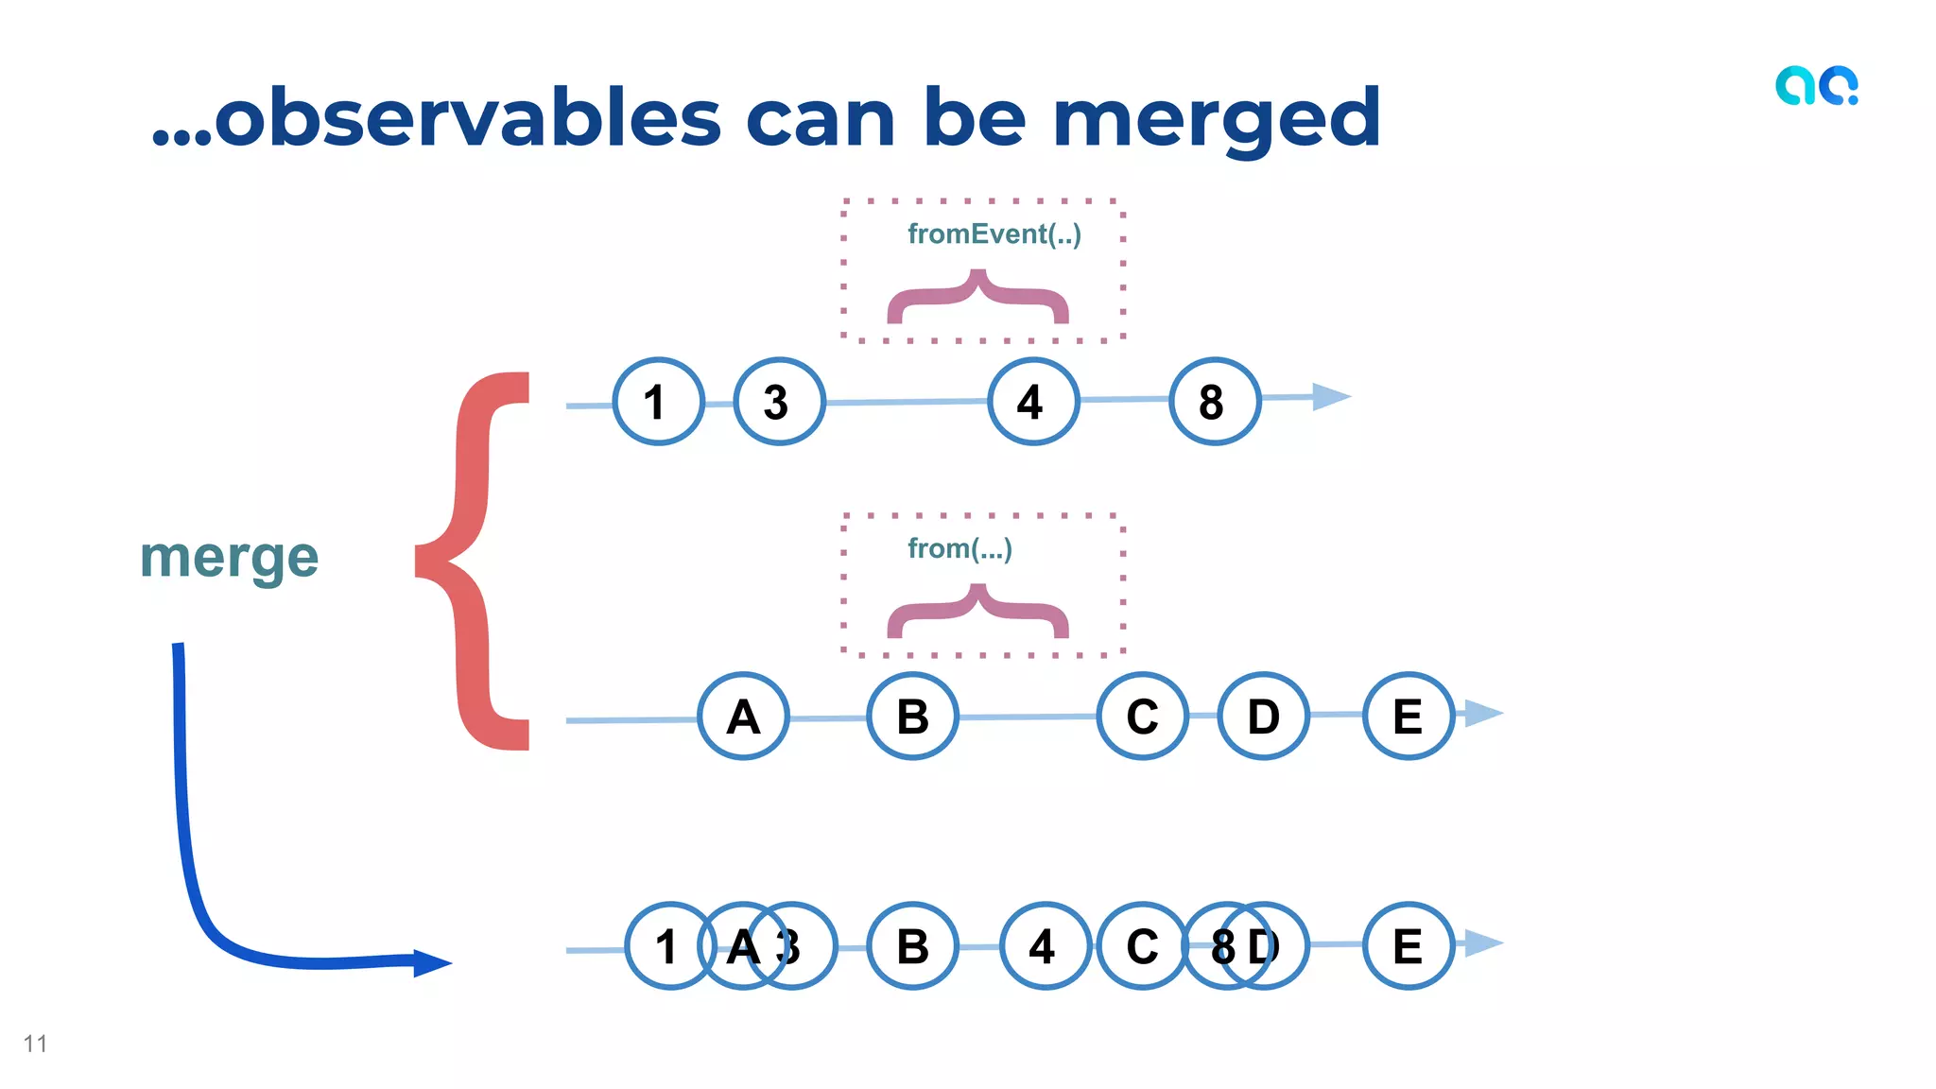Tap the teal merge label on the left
230,557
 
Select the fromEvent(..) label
994,233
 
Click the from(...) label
959,548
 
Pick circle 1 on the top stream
658,402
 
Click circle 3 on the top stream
779,402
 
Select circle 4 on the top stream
1032,402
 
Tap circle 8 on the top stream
1214,402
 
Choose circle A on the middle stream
743,717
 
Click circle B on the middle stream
912,717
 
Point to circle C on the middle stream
1142,717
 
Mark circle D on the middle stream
1263,717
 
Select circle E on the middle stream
1408,717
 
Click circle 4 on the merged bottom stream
1045,946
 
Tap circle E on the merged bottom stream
1408,946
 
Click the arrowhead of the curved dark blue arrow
432,962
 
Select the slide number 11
35,1044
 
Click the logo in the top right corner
1816,86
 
